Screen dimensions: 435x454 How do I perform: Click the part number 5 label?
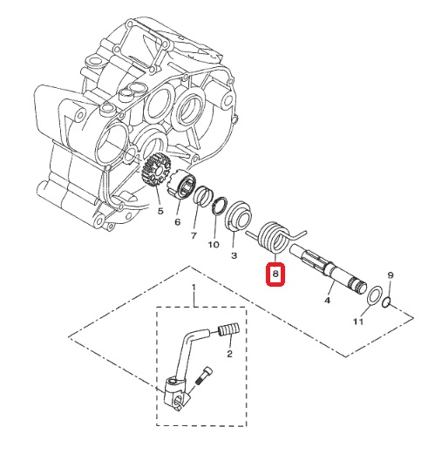[160, 211]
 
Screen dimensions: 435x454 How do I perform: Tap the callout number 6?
[177, 222]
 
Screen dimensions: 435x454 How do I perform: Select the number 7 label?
[194, 235]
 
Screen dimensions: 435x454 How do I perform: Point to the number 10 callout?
[214, 245]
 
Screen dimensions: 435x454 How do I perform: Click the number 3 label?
[234, 255]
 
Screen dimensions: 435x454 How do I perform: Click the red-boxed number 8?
[275, 274]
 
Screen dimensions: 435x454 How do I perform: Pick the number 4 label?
[328, 300]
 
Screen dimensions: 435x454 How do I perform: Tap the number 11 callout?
[358, 322]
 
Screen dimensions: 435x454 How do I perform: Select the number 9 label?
[391, 275]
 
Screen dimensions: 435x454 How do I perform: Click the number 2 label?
[229, 354]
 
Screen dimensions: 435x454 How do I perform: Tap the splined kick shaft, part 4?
[329, 268]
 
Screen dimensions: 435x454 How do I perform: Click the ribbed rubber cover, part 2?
[229, 329]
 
